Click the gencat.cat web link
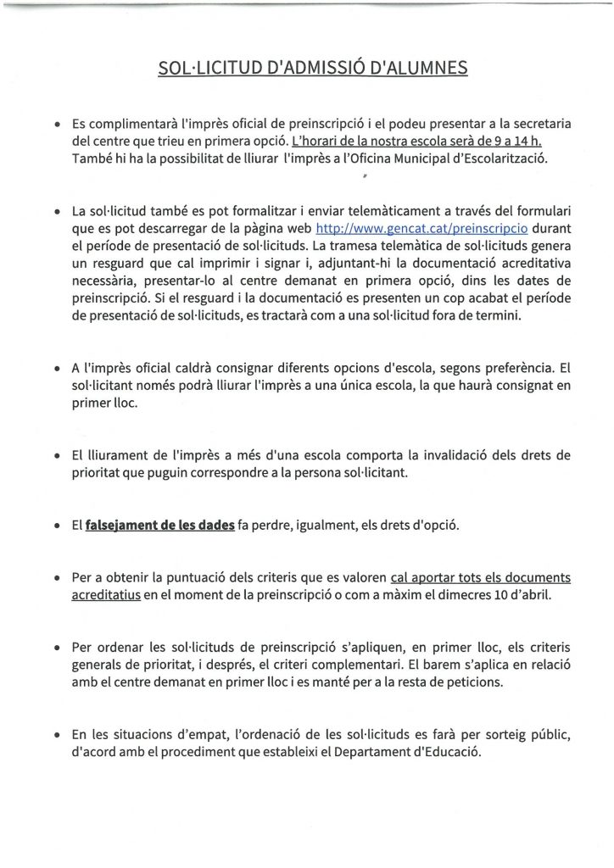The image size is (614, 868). [387, 229]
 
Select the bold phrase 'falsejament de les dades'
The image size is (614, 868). [159, 525]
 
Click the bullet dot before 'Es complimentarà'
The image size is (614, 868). [56, 125]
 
